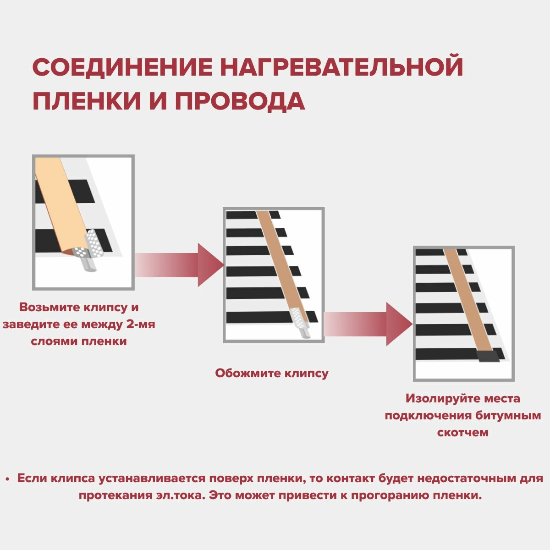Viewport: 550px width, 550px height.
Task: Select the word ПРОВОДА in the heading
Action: pos(240,101)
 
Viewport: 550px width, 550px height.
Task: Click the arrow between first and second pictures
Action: pos(179,265)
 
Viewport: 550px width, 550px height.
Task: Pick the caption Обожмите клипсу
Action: pos(272,373)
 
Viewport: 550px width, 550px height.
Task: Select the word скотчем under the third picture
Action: pos(463,432)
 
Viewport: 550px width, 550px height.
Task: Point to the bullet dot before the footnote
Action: pos(7,479)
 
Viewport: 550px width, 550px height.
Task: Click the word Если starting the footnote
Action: pos(32,478)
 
